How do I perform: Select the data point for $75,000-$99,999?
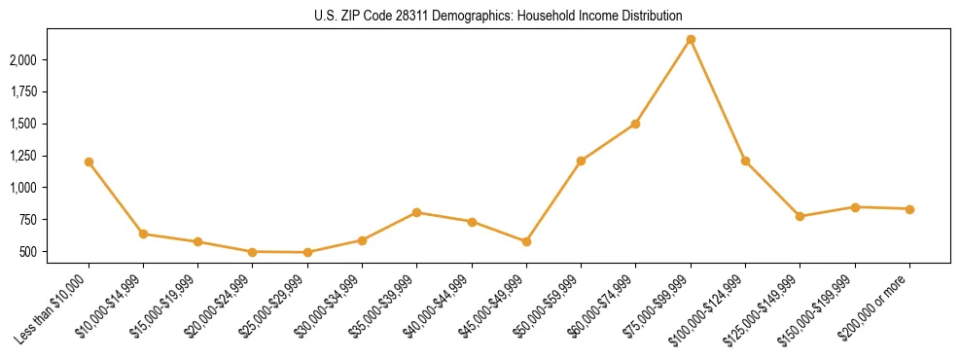click(691, 40)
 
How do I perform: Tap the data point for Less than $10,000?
click(89, 162)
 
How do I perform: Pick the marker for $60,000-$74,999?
click(635, 124)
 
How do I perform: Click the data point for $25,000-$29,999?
click(307, 252)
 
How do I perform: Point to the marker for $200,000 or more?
click(909, 209)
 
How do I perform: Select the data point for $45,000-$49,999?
click(526, 241)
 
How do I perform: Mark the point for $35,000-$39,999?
click(416, 212)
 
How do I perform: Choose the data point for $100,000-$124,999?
click(745, 161)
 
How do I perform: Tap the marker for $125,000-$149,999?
click(800, 216)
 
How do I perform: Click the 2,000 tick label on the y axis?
click(52, 60)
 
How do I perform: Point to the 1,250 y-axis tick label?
click(52, 156)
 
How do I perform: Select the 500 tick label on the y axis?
click(57, 251)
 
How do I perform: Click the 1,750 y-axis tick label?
click(52, 91)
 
